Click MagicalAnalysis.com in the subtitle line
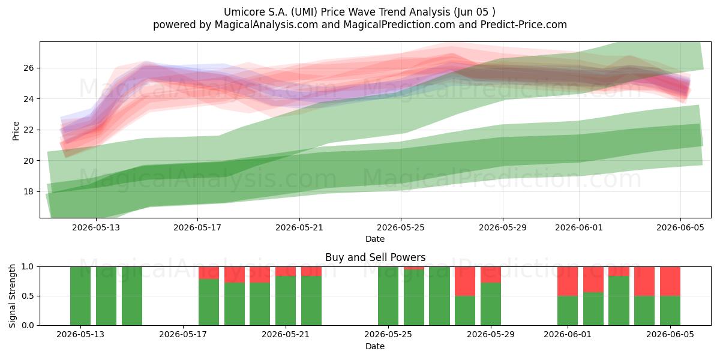[x=266, y=25]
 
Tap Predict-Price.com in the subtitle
[x=524, y=25]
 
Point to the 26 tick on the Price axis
[x=29, y=68]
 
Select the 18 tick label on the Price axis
[x=29, y=191]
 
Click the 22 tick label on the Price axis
[x=29, y=130]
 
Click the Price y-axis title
[x=16, y=131]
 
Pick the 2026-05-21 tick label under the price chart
[x=299, y=227]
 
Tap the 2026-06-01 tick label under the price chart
[x=579, y=227]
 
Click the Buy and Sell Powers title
[x=375, y=257]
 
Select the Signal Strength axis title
[x=12, y=296]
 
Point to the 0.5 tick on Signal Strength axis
[x=28, y=296]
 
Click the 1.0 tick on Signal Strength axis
[x=28, y=266]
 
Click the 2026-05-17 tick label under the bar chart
[x=183, y=335]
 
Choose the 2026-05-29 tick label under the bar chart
[x=491, y=335]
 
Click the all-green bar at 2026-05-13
[x=80, y=296]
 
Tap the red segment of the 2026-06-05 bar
[x=670, y=281]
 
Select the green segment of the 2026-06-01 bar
[x=568, y=311]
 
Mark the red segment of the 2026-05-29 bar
[x=491, y=275]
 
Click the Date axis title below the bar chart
[x=375, y=346]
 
